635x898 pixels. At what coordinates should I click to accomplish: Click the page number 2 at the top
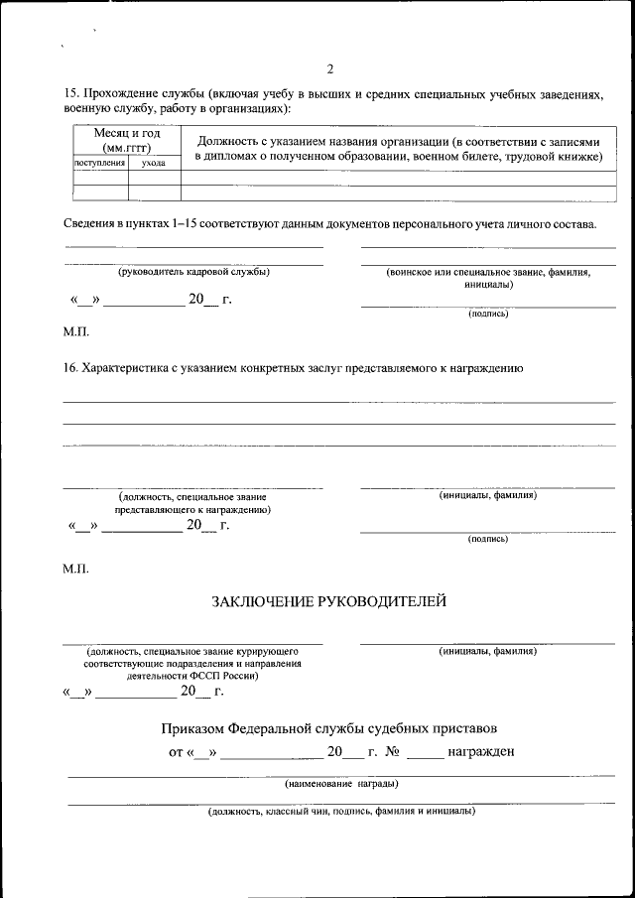click(329, 69)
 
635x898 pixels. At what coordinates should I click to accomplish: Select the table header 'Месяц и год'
click(127, 134)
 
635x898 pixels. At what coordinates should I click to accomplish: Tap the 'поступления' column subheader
click(100, 162)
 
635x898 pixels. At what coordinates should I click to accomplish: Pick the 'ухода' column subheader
click(154, 162)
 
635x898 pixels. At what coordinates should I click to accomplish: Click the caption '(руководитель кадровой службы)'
click(193, 272)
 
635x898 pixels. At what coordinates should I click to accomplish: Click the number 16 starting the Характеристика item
click(69, 368)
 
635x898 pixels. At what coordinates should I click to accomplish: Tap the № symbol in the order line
click(392, 751)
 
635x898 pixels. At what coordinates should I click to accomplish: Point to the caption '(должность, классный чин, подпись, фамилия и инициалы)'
click(341, 812)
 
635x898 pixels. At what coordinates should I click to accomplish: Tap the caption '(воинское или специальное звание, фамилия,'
click(488, 272)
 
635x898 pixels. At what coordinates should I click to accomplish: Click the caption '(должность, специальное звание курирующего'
click(192, 651)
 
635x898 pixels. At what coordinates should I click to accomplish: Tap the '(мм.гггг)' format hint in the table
click(127, 148)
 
